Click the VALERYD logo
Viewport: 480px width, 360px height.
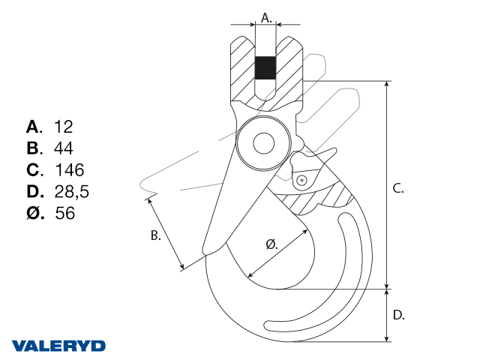pos(58,346)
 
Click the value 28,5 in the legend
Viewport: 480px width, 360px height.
pos(72,191)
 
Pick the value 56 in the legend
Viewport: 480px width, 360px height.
pos(65,213)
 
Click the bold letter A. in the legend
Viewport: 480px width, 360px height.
pos(34,126)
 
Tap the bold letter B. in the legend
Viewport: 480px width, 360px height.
pos(34,148)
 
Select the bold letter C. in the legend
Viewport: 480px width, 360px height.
pos(34,169)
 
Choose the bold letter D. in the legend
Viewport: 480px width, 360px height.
pos(34,191)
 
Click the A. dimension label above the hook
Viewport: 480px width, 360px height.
pos(266,16)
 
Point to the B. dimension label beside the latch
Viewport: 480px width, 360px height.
pos(156,235)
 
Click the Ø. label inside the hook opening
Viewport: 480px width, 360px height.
pos(272,244)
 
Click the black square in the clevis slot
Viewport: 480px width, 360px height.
pos(265,68)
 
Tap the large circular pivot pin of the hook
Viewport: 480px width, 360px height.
pos(262,142)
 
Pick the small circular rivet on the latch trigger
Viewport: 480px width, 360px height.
pos(300,180)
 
